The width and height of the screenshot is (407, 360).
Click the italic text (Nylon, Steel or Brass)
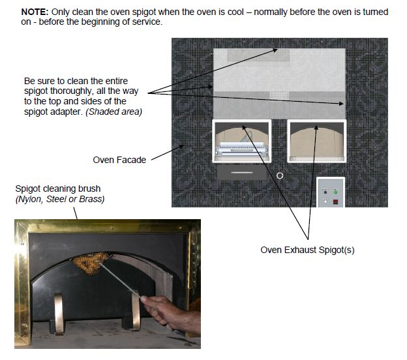click(x=60, y=199)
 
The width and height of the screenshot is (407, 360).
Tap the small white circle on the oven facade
click(x=279, y=175)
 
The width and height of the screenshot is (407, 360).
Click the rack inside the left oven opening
click(x=241, y=149)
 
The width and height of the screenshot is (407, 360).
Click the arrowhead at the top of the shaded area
click(x=278, y=49)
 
